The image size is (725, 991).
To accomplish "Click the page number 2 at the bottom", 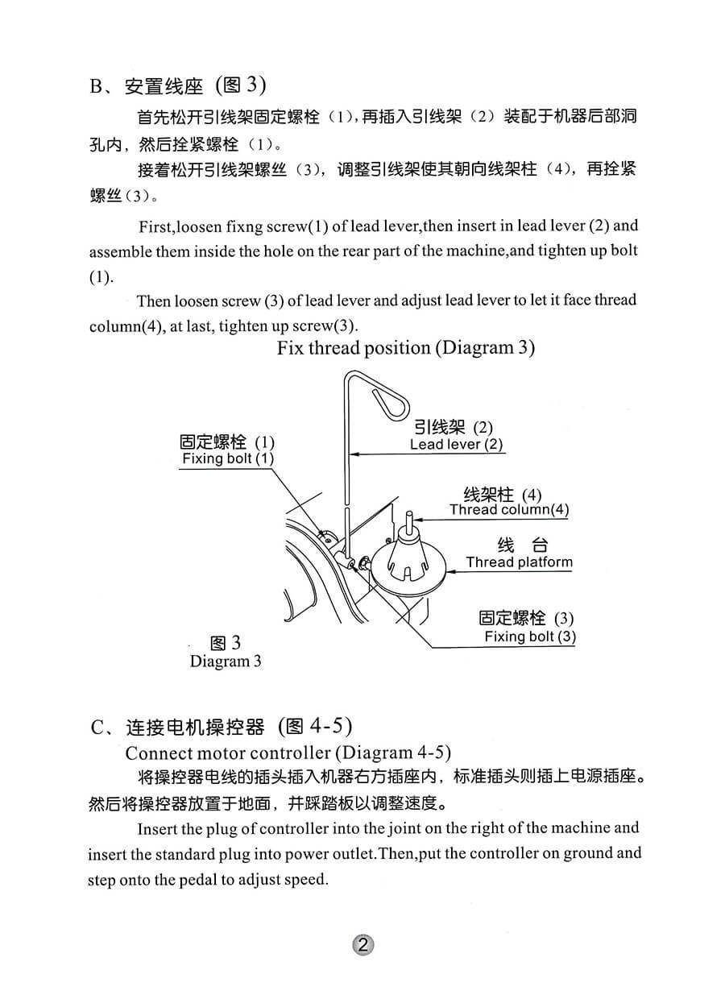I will click(362, 945).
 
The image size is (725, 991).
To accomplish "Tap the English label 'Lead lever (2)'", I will click(456, 444).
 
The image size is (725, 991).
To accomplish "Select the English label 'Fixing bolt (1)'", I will click(228, 458).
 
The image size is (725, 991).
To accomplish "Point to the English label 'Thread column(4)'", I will click(509, 509).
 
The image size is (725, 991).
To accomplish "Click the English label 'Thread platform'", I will click(520, 562).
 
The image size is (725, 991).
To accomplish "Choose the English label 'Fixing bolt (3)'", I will click(530, 636).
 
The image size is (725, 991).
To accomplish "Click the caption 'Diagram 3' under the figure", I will click(226, 661).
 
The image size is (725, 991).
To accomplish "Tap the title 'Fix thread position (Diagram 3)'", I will click(406, 348).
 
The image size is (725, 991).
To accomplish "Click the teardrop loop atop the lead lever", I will click(392, 400).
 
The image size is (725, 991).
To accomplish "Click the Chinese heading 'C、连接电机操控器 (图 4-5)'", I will click(222, 727).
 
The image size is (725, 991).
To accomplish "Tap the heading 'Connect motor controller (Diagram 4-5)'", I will click(288, 753).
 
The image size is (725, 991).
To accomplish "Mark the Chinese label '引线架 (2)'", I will click(453, 427).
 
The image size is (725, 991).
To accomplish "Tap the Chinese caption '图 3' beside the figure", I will click(225, 643).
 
